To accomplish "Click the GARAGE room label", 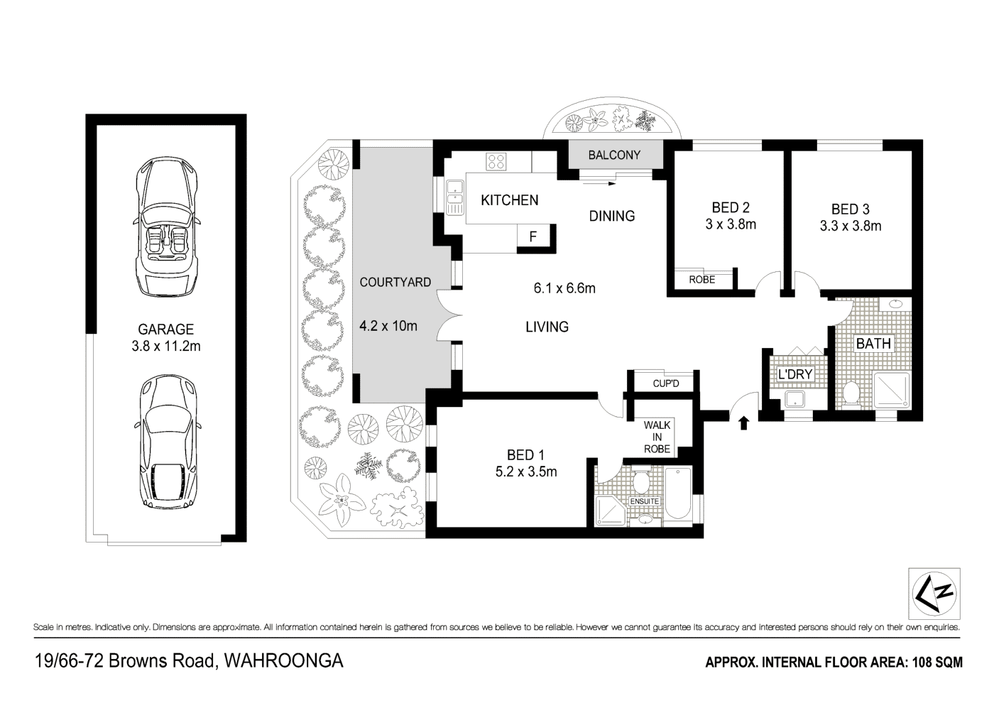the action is coord(166,329).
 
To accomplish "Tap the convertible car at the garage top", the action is coord(166,227).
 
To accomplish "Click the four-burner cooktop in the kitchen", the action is coord(496,162).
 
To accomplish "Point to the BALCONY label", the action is coord(614,155).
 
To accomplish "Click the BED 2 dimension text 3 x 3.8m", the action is coord(731,224).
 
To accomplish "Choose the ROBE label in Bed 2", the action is coord(702,280).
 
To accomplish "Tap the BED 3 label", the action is coord(851,209).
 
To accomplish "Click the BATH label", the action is coord(873,344).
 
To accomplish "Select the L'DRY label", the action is coord(795,374).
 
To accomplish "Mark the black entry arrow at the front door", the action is coord(744,423).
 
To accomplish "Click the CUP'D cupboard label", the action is coord(666,383).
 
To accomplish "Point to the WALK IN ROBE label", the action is coord(657,437).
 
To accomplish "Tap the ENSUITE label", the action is coord(645,501).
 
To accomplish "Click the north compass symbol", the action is coord(934,594).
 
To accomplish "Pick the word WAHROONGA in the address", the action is coord(283,661).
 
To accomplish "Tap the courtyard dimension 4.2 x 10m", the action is coord(388,326).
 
